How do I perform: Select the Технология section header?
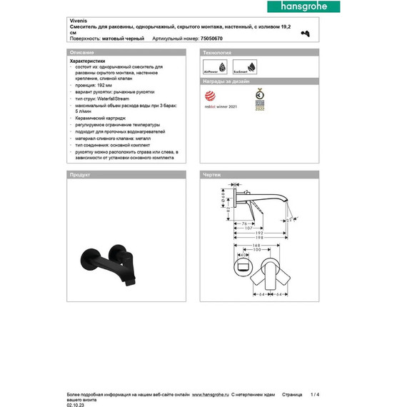[x=218, y=54]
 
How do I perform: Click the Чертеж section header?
[x=212, y=174]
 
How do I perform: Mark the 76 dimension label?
[x=243, y=223]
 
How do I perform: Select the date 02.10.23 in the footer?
[x=76, y=404]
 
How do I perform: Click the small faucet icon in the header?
[x=306, y=34]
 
